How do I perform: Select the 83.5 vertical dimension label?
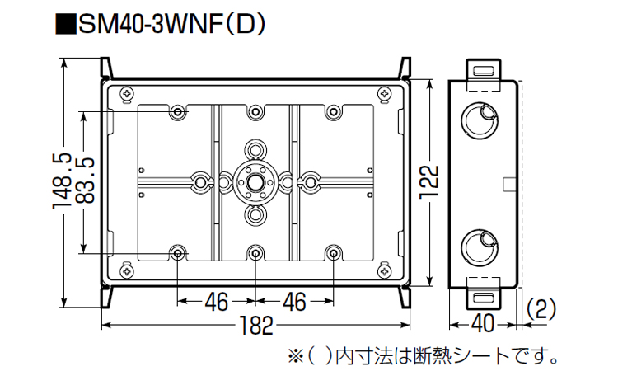pyautogui.click(x=86, y=182)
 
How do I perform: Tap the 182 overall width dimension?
pyautogui.click(x=256, y=326)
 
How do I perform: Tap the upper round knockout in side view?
pyautogui.click(x=479, y=119)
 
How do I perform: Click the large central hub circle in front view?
pyautogui.click(x=256, y=181)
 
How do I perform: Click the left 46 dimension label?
pyautogui.click(x=216, y=303)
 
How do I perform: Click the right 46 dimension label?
pyautogui.click(x=294, y=303)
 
